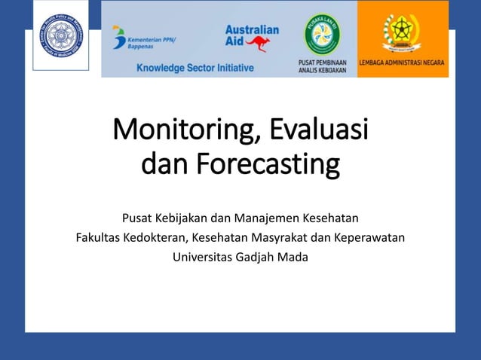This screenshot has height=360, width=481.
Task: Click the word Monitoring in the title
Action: point(181,130)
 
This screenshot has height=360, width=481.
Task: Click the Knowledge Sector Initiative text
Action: point(195,68)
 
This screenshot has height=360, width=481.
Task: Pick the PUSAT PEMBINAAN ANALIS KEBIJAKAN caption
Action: point(323,66)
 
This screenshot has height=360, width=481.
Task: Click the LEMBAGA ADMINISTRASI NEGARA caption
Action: point(403,63)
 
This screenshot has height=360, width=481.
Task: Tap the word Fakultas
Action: point(100,238)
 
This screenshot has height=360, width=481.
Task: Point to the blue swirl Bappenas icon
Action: point(118,38)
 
